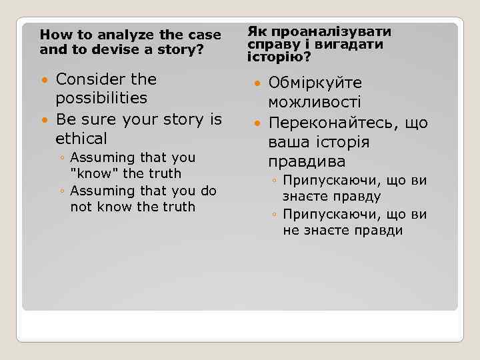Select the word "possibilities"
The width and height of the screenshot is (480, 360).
pyautogui.click(x=101, y=98)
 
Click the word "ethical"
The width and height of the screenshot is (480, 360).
pyautogui.click(x=81, y=139)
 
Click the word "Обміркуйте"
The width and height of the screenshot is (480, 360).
pyautogui.click(x=315, y=83)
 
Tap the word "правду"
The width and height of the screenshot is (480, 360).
pyautogui.click(x=355, y=197)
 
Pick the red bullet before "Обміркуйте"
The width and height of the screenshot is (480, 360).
pyautogui.click(x=257, y=83)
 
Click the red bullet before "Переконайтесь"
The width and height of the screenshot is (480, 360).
pyautogui.click(x=257, y=123)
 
